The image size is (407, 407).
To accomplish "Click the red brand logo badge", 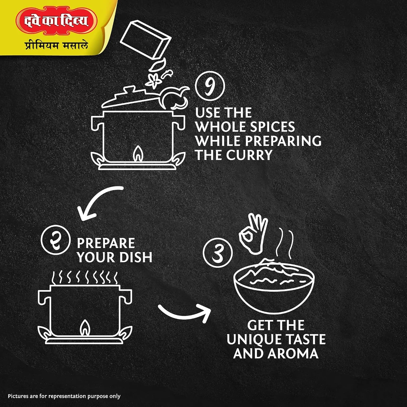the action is [x=56, y=21].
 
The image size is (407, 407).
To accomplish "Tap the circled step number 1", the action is [x=210, y=86].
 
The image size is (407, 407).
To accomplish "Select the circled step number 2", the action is [x=56, y=240].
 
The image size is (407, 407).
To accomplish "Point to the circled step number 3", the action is [x=217, y=253].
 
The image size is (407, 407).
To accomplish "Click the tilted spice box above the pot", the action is [x=146, y=39].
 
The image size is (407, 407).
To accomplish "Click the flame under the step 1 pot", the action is [x=138, y=154].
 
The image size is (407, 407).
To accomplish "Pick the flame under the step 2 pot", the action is [x=85, y=328].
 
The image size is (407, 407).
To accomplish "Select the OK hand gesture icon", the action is [x=253, y=234].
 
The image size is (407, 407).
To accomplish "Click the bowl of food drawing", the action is [x=274, y=286].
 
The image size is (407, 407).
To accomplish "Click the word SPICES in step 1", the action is [x=272, y=127].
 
